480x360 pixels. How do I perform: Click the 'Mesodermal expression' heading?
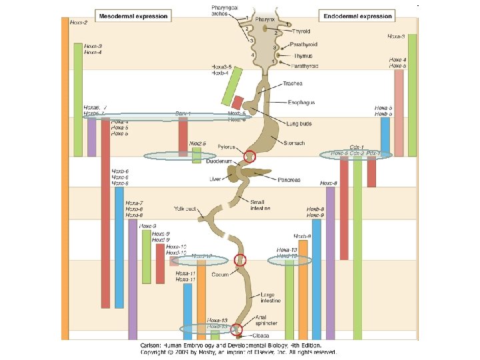click(x=134, y=15)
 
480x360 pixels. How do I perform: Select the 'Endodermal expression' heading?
click(x=358, y=15)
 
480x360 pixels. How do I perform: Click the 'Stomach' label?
click(x=294, y=143)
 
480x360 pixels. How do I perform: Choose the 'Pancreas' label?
click(x=289, y=180)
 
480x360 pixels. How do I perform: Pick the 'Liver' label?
click(x=215, y=179)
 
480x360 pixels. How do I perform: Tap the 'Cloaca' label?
click(x=261, y=335)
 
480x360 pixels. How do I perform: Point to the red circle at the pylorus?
click(x=249, y=157)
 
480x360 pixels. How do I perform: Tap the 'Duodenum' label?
click(x=218, y=161)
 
